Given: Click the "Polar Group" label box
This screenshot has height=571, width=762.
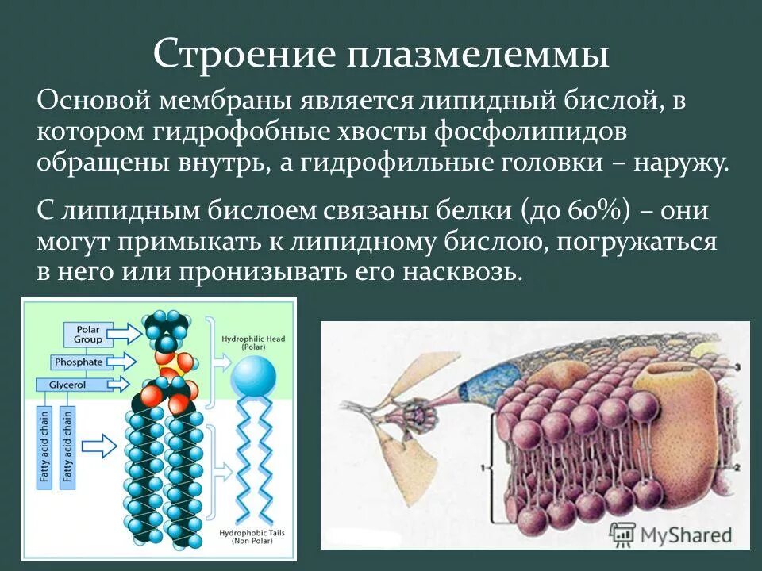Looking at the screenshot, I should (x=89, y=334).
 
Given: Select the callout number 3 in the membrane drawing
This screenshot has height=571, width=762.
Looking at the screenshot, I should (x=737, y=366).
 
